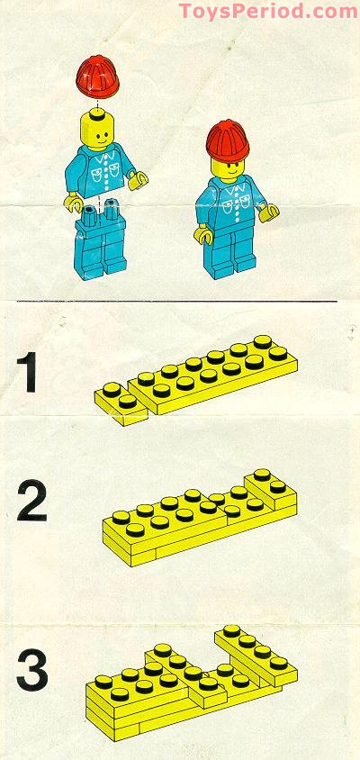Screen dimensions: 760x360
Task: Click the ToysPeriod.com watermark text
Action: click(x=267, y=11)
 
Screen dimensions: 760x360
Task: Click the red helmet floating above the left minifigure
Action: click(x=97, y=76)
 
